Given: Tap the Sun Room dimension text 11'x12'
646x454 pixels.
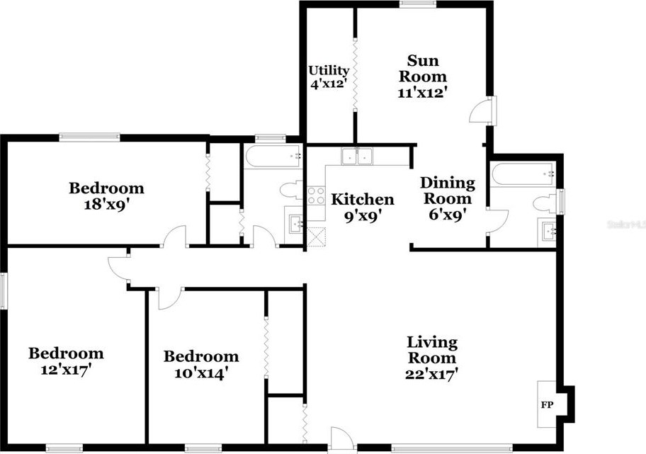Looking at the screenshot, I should click(425, 92).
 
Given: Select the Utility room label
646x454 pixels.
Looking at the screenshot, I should click(329, 71).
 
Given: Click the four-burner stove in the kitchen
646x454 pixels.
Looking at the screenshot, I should click(316, 195).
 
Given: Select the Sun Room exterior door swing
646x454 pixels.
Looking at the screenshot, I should click(482, 112).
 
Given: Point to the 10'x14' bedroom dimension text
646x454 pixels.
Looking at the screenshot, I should click(200, 373).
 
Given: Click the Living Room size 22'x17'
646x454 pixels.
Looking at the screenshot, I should click(432, 374).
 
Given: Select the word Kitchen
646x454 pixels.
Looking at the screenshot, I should click(363, 199).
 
